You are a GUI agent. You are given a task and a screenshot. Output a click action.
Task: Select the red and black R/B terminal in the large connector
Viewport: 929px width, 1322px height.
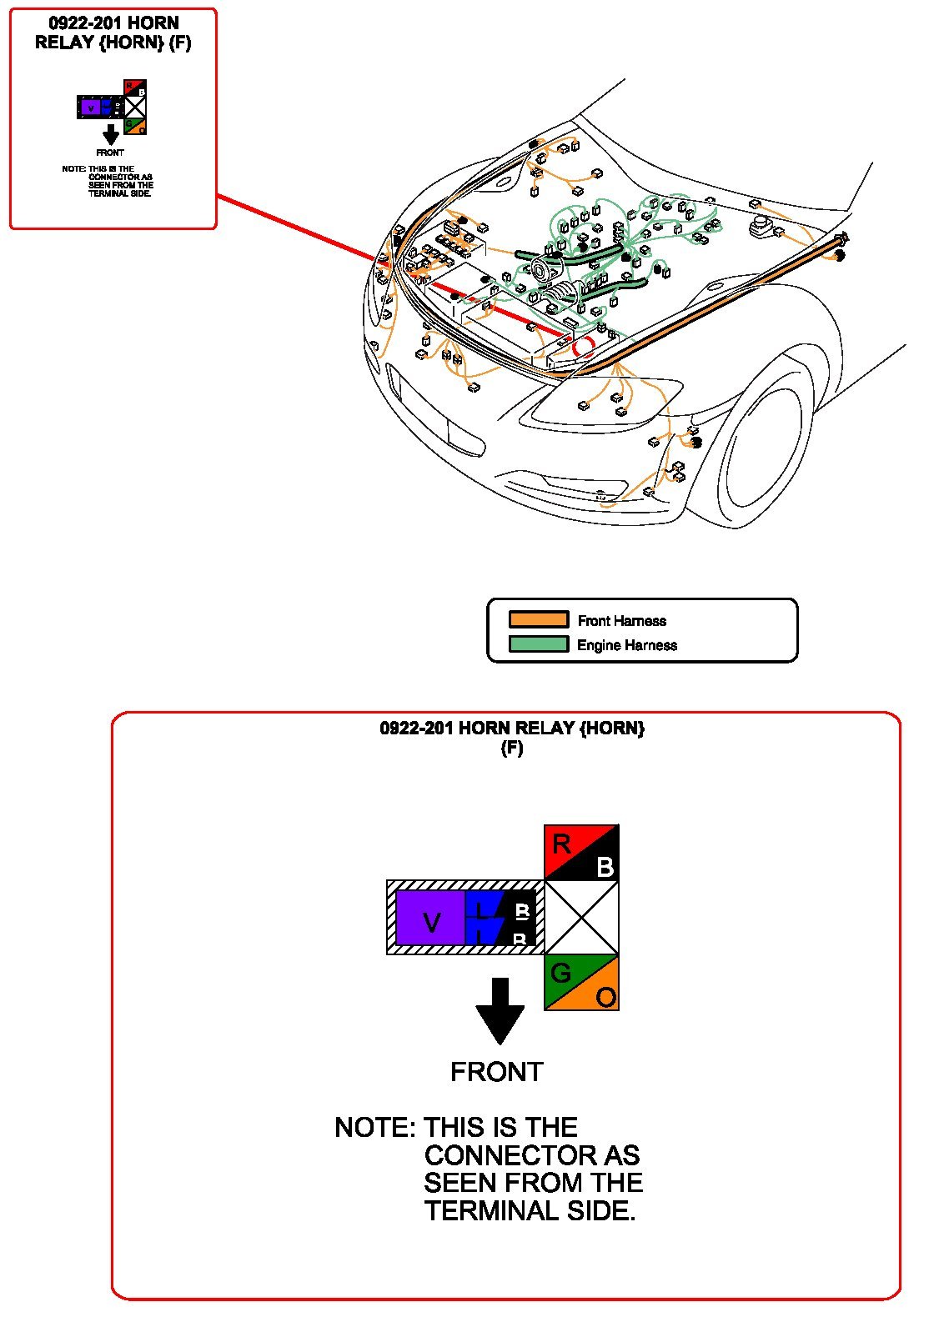[x=581, y=853]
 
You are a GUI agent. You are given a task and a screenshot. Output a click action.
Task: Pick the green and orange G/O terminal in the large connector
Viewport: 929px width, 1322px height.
[x=581, y=982]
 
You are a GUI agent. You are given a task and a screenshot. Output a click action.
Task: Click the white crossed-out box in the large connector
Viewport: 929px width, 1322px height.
[x=581, y=917]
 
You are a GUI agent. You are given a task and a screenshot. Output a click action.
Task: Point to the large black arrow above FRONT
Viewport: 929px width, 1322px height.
[x=500, y=1010]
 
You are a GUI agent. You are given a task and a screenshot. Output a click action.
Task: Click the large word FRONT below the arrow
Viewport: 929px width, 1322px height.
[x=497, y=1072]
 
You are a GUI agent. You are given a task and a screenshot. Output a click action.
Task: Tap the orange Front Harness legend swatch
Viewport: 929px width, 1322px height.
[x=539, y=619]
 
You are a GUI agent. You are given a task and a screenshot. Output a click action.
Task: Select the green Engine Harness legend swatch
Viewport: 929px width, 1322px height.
[x=539, y=644]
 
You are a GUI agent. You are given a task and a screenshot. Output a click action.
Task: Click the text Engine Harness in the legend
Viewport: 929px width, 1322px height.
[x=627, y=645]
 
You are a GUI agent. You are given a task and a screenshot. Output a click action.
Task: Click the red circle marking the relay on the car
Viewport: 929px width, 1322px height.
[x=584, y=344]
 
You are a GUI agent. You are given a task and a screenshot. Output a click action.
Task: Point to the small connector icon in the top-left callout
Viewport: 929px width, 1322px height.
[x=112, y=107]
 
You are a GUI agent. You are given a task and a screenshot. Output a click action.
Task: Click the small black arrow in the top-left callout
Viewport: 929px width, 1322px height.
[x=110, y=135]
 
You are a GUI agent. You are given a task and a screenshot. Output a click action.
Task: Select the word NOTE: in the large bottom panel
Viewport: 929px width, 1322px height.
[x=374, y=1128]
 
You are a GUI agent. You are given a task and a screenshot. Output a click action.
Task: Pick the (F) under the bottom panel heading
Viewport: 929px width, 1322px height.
[x=512, y=748]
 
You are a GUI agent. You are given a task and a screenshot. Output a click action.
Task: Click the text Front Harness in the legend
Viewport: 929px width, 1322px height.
[x=622, y=621]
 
